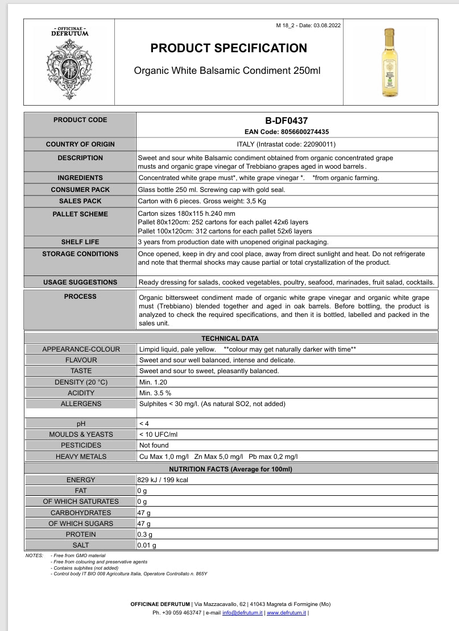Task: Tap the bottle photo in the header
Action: pyautogui.click(x=389, y=62)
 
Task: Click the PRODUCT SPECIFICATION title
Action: pyautogui.click(x=229, y=48)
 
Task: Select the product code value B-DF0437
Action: pyautogui.click(x=287, y=121)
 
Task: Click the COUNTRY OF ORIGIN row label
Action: pyautogui.click(x=80, y=144)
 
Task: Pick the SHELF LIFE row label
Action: pyautogui.click(x=80, y=242)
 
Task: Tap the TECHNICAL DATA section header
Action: pyautogui.click(x=230, y=338)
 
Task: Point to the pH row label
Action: pyautogui.click(x=81, y=424)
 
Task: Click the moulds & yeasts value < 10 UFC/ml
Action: pyautogui.click(x=158, y=434)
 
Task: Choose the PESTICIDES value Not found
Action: pyautogui.click(x=154, y=445)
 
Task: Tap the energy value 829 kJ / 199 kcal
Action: pyautogui.click(x=163, y=480)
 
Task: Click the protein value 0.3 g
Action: pyautogui.click(x=145, y=534)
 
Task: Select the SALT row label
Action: pyautogui.click(x=81, y=545)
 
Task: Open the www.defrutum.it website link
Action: pyautogui.click(x=287, y=613)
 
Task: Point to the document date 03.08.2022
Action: pyautogui.click(x=326, y=26)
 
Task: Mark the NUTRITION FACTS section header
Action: pyautogui.click(x=230, y=469)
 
